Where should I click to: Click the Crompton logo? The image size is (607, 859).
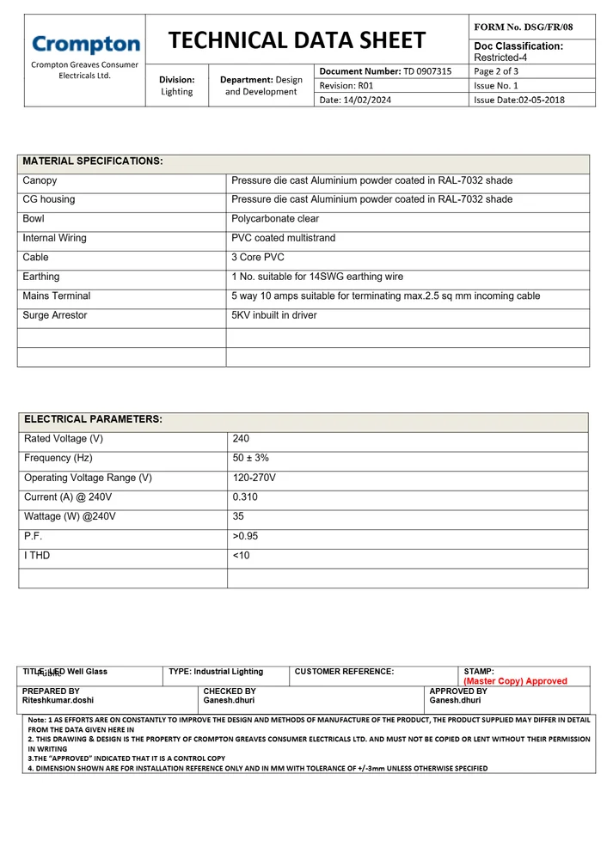(x=85, y=44)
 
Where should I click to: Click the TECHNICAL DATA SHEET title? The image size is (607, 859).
(x=297, y=40)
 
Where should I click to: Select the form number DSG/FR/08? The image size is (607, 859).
(x=523, y=27)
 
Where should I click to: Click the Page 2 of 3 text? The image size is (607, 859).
(x=496, y=71)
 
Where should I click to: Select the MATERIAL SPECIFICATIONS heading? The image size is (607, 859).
(x=92, y=161)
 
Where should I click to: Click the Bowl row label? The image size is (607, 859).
(x=34, y=218)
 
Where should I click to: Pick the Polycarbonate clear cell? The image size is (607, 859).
(x=275, y=218)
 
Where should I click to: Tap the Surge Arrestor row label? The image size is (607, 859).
(x=54, y=315)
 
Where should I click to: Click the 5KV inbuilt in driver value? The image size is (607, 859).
(x=273, y=315)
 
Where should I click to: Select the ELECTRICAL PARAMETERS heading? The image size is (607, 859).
(x=93, y=419)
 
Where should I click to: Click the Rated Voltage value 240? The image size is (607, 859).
(x=241, y=439)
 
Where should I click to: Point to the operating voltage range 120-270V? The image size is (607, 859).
(x=254, y=478)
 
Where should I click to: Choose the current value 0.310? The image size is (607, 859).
(x=245, y=497)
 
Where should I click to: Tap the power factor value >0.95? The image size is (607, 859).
(x=246, y=536)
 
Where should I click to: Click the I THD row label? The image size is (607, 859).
(x=37, y=556)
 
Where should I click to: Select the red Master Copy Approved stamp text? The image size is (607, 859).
(x=515, y=681)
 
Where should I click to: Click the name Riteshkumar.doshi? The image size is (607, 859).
(x=58, y=700)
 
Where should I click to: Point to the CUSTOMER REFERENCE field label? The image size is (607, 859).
(x=344, y=672)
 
